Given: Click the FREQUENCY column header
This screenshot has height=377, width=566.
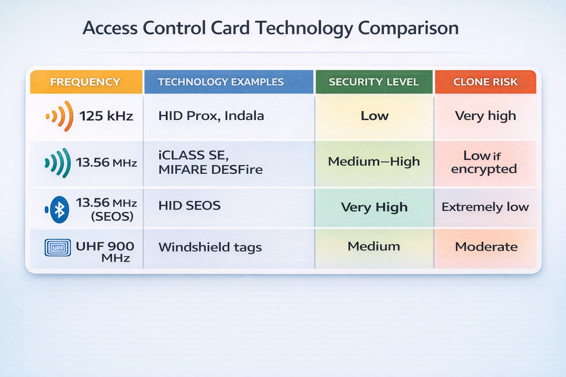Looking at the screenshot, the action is coord(85,82).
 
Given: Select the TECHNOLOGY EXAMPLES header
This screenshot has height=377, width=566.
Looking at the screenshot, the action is coord(221,82).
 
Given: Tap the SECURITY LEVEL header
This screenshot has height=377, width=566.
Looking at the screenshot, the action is coord(374,82).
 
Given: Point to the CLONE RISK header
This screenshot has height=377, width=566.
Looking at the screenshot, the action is coord(485,82).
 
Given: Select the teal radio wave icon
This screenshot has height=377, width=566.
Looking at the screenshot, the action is coord(58,163).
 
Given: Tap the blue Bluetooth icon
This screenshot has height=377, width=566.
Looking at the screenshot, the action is coord(59,209).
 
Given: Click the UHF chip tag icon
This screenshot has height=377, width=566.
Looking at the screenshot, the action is coord(57,248).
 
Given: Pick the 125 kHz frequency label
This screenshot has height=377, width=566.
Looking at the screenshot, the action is coord(106,116).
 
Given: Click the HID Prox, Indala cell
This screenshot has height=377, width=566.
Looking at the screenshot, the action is coord(211,116).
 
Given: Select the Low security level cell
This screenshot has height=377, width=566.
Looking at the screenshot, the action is coord(374,116).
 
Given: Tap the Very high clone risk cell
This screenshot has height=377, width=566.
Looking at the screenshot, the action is coord(485,116).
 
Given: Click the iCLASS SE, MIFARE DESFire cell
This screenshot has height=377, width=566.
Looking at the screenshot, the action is coord(210,162).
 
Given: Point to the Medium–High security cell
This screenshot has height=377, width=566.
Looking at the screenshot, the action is coord(374,162).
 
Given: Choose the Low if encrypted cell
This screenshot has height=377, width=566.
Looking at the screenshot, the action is coord(484,162).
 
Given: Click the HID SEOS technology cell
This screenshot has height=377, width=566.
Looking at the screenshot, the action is coord(189,205).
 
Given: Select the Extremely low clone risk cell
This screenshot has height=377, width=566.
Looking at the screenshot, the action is coord(485,207).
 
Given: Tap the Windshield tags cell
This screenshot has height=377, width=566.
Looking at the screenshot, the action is coord(210,247).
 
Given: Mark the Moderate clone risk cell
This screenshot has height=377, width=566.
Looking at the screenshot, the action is coord(486,247).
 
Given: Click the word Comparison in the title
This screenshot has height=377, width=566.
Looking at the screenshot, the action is coord(408,28).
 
